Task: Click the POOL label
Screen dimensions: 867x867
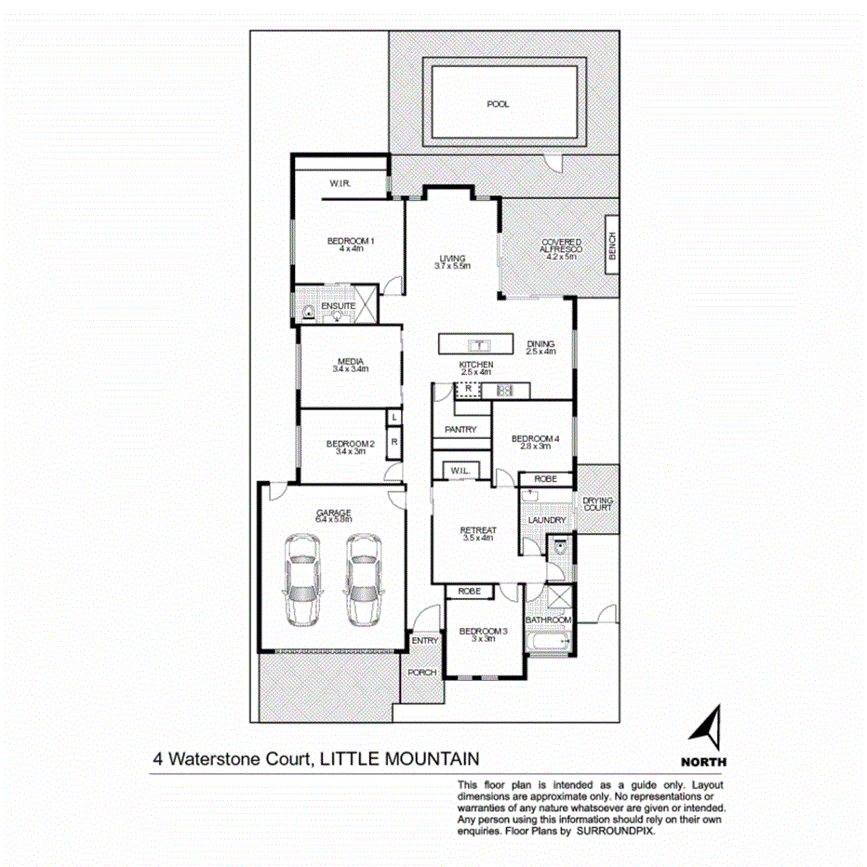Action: [498, 104]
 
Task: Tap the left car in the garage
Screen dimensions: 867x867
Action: [304, 580]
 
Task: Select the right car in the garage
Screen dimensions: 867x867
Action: [364, 580]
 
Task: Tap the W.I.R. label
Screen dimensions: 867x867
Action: [338, 184]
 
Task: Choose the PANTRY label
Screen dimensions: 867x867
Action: [460, 430]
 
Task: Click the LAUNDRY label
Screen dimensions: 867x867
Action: [546, 520]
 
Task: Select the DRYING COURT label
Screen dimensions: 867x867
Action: [597, 504]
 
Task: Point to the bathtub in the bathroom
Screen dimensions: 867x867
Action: [547, 641]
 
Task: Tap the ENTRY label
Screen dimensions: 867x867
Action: [424, 640]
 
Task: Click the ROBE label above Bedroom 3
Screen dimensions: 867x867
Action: [469, 591]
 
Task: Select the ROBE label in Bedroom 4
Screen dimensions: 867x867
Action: [545, 480]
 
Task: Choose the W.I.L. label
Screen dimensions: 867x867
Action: [460, 471]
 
